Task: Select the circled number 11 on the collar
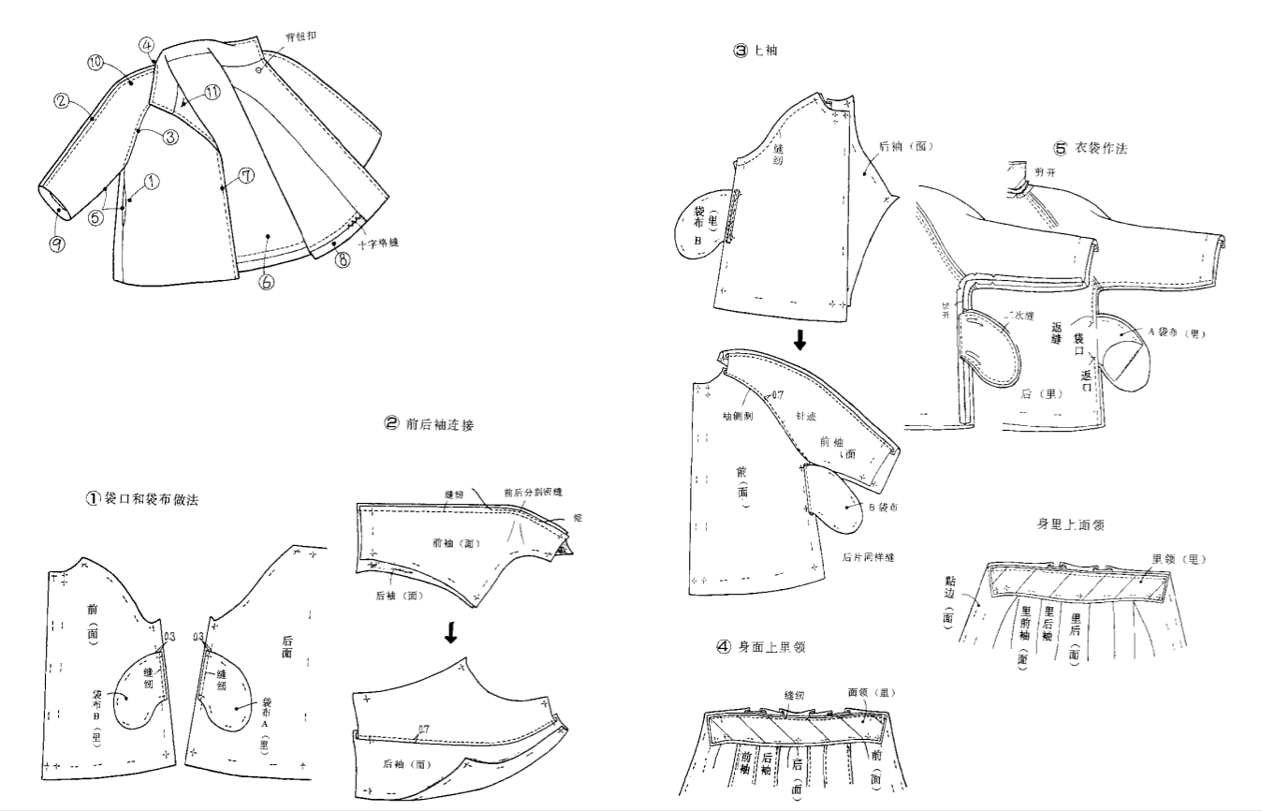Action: pos(213,92)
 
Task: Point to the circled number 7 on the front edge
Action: pos(246,176)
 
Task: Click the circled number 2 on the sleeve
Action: pos(62,100)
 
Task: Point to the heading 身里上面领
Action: pos(1070,524)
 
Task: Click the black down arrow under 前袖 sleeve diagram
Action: pos(450,634)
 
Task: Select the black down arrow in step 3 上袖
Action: pos(800,341)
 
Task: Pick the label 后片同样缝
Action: pos(869,557)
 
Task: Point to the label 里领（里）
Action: pos(1179,559)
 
